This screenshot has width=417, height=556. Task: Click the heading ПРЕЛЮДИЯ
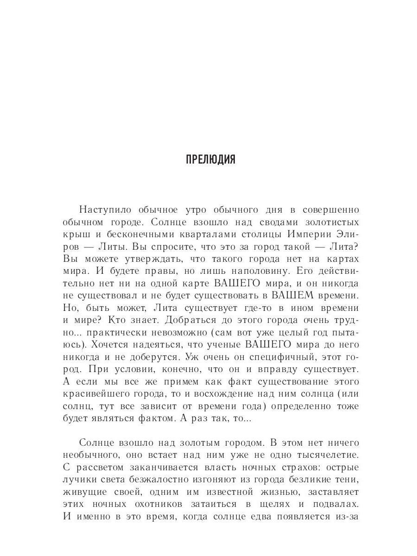click(210, 160)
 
